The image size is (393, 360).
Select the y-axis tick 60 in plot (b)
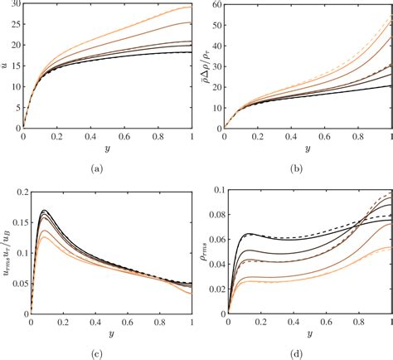click(215, 7)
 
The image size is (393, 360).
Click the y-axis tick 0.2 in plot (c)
click(12, 192)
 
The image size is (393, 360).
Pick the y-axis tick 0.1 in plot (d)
click(214, 192)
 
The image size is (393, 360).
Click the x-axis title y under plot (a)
click(108, 148)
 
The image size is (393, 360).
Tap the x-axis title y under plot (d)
click(308, 335)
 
